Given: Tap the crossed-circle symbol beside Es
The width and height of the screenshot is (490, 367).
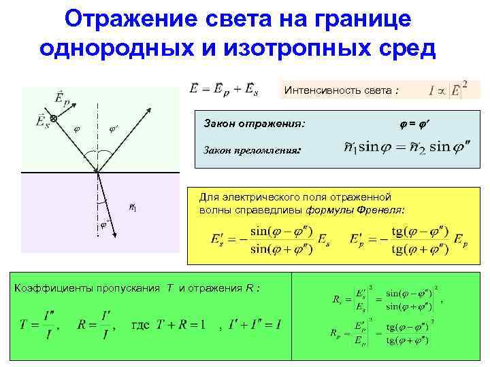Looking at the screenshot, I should coord(54,119).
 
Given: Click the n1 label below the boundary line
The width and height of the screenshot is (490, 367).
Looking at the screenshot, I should coord(135,206).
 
